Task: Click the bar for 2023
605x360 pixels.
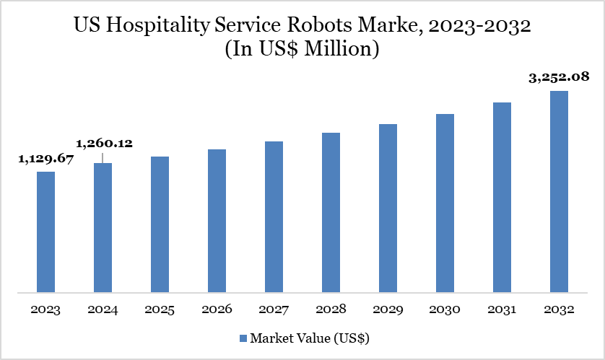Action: [45, 232]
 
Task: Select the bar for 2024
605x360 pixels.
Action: [103, 228]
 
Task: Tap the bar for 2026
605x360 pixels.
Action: [217, 221]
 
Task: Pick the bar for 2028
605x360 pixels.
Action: [331, 213]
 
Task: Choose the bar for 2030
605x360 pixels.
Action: [445, 203]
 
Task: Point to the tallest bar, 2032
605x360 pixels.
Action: [559, 192]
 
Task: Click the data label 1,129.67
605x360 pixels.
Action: [45, 159]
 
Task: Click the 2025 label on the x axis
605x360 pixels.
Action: [160, 309]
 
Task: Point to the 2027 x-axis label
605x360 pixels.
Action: [274, 309]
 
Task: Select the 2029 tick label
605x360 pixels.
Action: [388, 309]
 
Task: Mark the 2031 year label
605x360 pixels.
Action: [502, 309]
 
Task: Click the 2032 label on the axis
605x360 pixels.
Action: [559, 309]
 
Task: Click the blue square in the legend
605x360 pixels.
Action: [243, 338]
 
